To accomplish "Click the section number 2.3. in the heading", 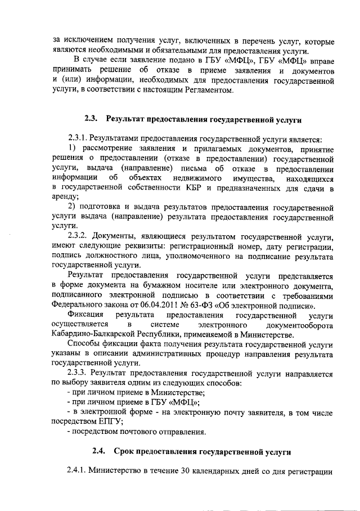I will pyautogui.click(x=92, y=119).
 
